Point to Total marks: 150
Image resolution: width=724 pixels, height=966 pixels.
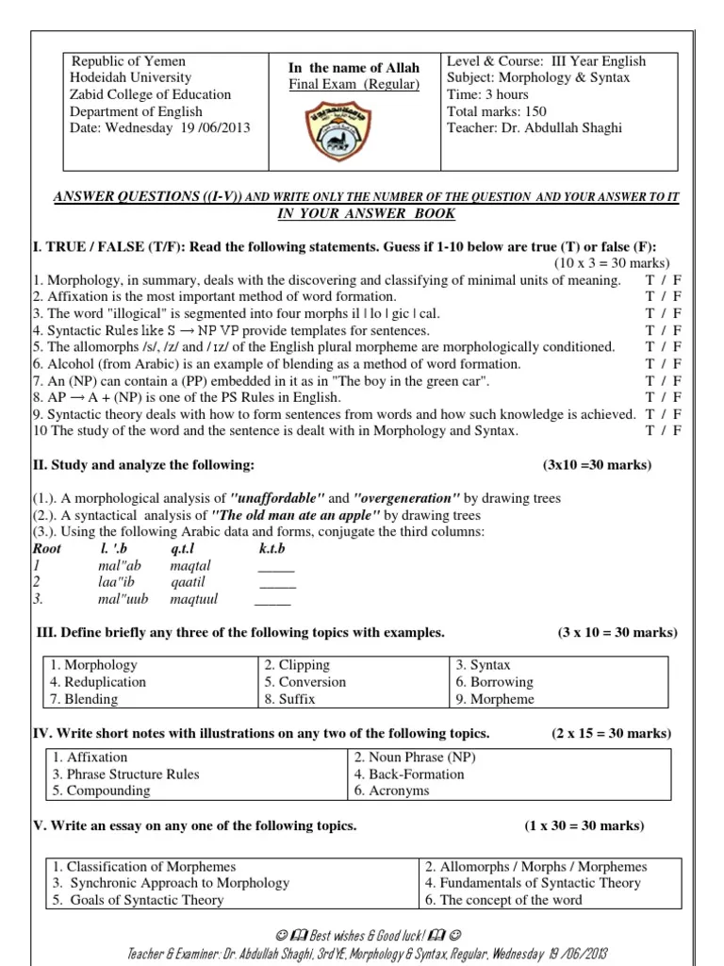coord(497,110)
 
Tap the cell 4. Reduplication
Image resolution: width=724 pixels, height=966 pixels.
coord(99,682)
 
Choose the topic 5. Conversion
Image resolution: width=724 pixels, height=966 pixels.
coord(304,682)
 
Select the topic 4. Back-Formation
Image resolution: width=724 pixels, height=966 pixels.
coord(408,774)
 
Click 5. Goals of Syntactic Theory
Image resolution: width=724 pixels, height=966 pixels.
coord(138,900)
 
